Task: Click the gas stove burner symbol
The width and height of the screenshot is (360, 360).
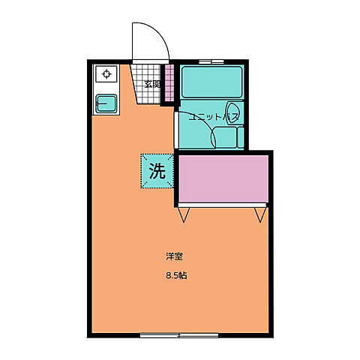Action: (106, 74)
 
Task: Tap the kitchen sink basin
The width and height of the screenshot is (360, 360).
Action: (106, 103)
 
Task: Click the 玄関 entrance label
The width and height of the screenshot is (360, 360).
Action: (152, 85)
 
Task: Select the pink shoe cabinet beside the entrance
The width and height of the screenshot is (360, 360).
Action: (169, 83)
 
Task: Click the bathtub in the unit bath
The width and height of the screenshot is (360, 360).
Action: (212, 82)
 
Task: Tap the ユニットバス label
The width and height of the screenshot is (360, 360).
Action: (212, 117)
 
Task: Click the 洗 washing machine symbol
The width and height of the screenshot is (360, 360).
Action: (157, 171)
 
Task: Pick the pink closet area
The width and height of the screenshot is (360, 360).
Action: (223, 178)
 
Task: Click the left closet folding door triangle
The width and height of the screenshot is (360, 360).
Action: (184, 214)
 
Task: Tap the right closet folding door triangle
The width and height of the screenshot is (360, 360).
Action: (260, 214)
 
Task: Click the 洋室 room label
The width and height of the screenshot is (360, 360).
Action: (174, 256)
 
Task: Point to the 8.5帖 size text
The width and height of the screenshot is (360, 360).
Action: (176, 276)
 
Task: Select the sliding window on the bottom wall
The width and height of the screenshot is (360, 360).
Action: (179, 335)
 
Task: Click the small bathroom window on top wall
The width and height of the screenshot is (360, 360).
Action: (211, 61)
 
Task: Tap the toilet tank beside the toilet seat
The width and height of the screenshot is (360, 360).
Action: (241, 137)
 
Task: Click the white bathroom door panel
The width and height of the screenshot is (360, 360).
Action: (176, 130)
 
